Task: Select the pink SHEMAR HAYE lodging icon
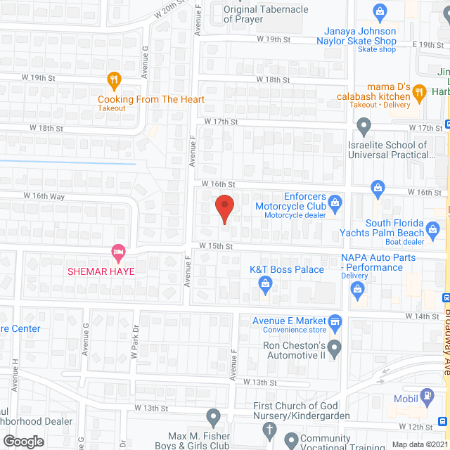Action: pos(118,252)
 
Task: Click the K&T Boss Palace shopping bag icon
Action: pos(265,283)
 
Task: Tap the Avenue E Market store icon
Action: pos(335,321)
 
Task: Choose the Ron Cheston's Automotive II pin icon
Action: pos(335,346)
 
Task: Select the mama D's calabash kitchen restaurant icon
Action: pos(419,91)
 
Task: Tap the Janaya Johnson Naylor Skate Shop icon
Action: pos(380,12)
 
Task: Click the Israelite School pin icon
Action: pos(364,127)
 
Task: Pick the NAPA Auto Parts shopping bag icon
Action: pos(358,288)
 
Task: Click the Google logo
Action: pos(23,441)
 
